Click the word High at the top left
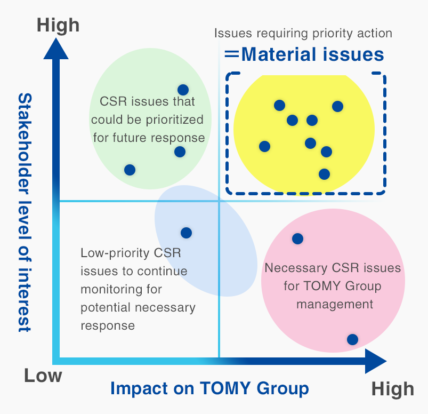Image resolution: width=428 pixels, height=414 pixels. pyautogui.click(x=58, y=25)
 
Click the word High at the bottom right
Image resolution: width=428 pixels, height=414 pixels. pyautogui.click(x=392, y=389)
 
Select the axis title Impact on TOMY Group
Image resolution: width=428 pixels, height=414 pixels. pyautogui.click(x=209, y=388)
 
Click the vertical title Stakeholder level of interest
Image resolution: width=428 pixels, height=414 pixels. pyautogui.click(x=25, y=213)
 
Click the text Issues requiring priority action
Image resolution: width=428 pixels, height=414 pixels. pyautogui.click(x=303, y=33)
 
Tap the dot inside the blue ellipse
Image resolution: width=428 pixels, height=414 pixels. pyautogui.click(x=186, y=233)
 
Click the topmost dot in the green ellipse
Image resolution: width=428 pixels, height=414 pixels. pyautogui.click(x=183, y=90)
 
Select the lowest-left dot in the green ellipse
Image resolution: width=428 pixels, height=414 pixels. pyautogui.click(x=130, y=170)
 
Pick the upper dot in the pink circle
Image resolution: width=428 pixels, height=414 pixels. pyautogui.click(x=298, y=238)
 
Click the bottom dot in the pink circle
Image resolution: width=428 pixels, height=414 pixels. pyautogui.click(x=352, y=339)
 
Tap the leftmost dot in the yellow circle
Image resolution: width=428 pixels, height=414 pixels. pyautogui.click(x=264, y=146)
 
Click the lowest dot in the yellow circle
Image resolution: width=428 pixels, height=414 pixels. pyautogui.click(x=324, y=173)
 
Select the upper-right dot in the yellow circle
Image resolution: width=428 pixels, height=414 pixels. pyautogui.click(x=337, y=106)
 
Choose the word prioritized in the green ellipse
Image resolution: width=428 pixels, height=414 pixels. pyautogui.click(x=173, y=119)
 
